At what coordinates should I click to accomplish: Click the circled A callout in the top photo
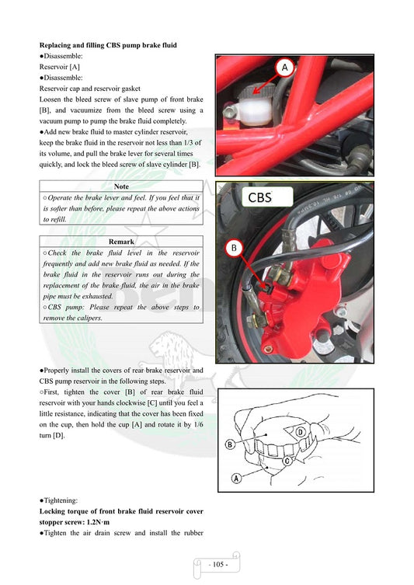(284, 68)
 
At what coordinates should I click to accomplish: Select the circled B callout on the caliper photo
(235, 248)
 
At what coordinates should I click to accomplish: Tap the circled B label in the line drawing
(231, 444)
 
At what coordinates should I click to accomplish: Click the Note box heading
(121, 186)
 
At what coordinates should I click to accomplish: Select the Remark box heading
(121, 242)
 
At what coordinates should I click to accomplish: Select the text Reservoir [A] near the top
(60, 67)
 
